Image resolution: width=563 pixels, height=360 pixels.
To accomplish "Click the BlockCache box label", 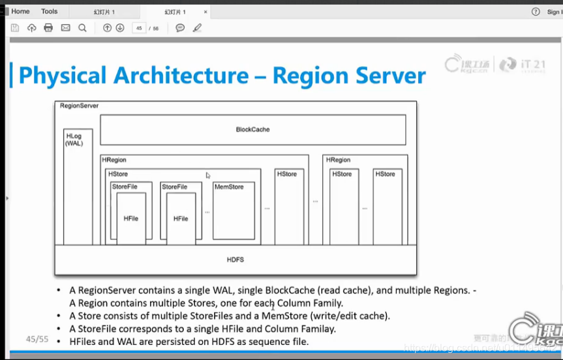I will [x=252, y=129].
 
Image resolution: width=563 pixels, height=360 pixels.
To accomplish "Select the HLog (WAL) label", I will [x=74, y=140].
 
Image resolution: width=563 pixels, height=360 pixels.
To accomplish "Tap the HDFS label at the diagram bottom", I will [x=235, y=260].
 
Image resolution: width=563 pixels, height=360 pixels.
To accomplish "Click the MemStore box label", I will [x=229, y=187].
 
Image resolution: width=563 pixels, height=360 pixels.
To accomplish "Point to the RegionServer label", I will [x=79, y=106].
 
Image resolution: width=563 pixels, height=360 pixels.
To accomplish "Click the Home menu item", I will [x=20, y=11].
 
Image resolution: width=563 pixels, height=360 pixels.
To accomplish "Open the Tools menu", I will [x=49, y=11].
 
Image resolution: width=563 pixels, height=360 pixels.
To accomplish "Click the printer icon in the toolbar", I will [x=48, y=28].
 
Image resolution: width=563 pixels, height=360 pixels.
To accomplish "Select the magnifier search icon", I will [x=82, y=28].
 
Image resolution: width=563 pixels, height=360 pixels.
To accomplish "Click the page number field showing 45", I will [x=138, y=28].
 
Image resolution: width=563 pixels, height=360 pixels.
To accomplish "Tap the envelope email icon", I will [x=65, y=28].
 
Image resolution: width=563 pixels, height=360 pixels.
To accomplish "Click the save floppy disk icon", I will [x=15, y=28].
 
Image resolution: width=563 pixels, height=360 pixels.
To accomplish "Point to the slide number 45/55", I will [x=37, y=339].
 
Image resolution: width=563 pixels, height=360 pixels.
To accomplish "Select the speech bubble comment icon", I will [x=180, y=28].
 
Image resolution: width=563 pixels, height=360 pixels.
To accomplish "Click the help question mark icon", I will [x=536, y=11].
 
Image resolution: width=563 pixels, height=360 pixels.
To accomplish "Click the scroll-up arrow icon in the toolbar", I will [x=108, y=28].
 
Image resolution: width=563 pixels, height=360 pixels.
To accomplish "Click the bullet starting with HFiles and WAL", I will [x=189, y=342].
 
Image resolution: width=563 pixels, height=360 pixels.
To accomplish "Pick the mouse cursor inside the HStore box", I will [x=208, y=175].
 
